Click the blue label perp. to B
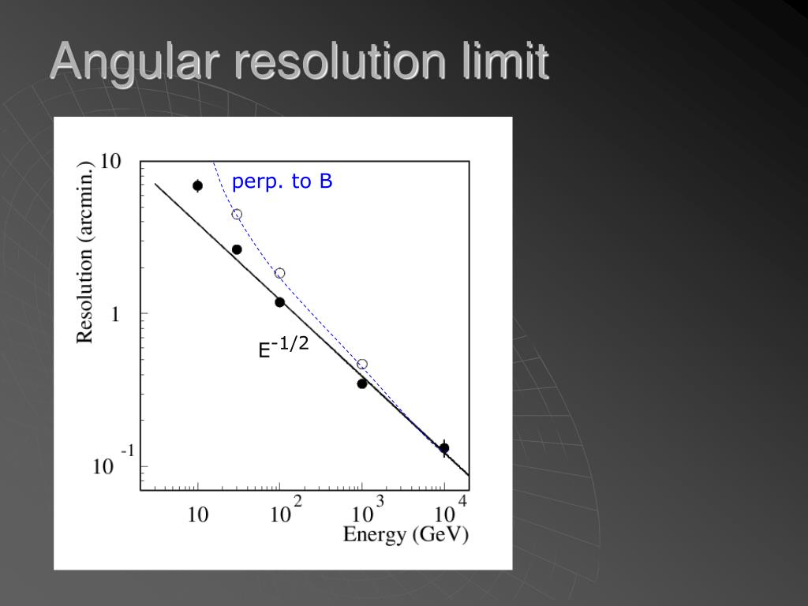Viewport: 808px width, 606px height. pyautogui.click(x=282, y=182)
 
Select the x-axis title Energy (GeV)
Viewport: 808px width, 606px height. pyautogui.click(x=406, y=534)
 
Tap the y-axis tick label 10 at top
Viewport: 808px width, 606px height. pyautogui.click(x=110, y=162)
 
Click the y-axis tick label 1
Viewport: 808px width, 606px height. pyautogui.click(x=115, y=314)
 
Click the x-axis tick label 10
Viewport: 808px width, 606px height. pyautogui.click(x=197, y=515)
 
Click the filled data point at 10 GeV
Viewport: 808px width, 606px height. pyautogui.click(x=197, y=185)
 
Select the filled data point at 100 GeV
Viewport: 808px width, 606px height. pyautogui.click(x=279, y=302)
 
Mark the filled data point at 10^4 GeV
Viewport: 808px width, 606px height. pyautogui.click(x=444, y=448)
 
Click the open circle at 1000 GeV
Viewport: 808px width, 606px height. pyautogui.click(x=362, y=365)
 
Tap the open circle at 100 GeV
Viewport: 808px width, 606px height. pyautogui.click(x=279, y=273)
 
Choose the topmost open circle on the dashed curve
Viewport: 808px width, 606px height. pyautogui.click(x=237, y=214)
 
